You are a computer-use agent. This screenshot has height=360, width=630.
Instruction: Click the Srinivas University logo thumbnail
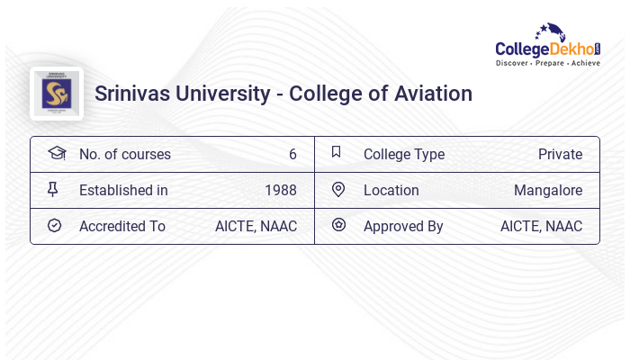(57, 94)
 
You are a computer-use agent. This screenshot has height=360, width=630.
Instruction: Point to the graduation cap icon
(56, 153)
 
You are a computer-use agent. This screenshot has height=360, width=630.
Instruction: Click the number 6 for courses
(292, 154)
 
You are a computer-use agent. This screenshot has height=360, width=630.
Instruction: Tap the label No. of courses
(124, 154)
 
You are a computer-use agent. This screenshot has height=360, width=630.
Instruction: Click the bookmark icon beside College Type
(337, 153)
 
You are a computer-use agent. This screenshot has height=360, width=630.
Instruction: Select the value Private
(560, 154)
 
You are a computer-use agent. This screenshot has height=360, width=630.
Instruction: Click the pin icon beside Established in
(53, 190)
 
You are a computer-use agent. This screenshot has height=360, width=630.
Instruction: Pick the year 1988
(281, 190)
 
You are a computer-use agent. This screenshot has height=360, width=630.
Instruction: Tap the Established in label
(123, 190)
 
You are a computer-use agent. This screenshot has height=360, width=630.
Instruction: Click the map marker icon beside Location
(338, 190)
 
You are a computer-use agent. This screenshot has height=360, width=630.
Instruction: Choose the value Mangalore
(548, 190)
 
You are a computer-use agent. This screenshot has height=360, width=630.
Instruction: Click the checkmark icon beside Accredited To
(54, 226)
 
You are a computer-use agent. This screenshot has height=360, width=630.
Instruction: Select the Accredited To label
(122, 226)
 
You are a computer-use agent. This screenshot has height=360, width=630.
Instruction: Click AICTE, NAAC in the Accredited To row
(256, 226)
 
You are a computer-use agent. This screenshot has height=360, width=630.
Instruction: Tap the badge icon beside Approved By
(338, 226)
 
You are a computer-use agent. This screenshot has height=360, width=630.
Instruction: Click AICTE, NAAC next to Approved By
(541, 226)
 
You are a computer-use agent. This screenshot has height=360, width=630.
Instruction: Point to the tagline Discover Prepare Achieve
(547, 64)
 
